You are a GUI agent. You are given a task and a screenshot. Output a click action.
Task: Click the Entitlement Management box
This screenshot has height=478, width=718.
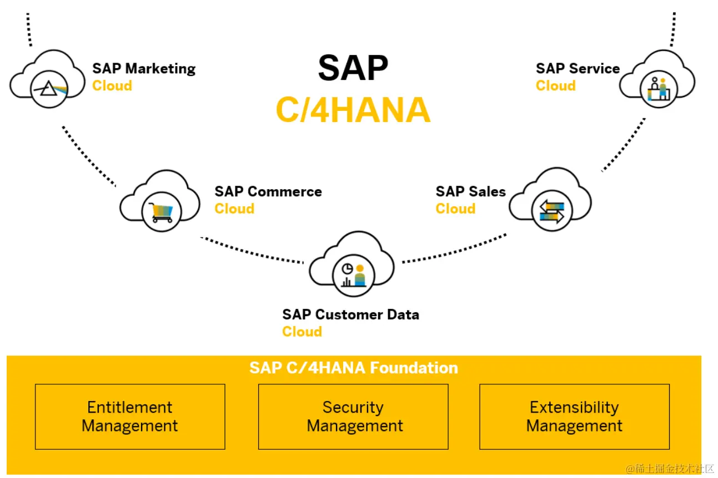(x=130, y=416)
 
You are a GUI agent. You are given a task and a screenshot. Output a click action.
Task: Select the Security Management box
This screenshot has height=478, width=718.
(x=354, y=416)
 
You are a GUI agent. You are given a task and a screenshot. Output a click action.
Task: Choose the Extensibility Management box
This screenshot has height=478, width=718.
(x=574, y=416)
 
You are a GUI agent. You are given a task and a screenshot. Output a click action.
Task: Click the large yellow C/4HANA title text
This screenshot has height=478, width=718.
(x=353, y=110)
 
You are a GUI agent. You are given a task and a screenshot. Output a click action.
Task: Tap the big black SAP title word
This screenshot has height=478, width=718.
(x=353, y=69)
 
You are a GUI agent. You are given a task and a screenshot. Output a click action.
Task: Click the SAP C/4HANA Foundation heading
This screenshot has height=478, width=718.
(x=354, y=368)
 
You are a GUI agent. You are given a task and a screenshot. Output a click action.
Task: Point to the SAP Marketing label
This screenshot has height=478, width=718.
(x=144, y=69)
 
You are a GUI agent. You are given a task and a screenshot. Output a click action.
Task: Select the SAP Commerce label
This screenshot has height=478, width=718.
(x=268, y=192)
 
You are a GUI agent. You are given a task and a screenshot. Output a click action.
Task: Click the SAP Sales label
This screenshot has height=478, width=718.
(x=470, y=192)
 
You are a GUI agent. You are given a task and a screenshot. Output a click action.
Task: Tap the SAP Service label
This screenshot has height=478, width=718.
(x=578, y=69)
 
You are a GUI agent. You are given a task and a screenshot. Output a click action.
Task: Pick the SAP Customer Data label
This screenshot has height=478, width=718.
(x=350, y=315)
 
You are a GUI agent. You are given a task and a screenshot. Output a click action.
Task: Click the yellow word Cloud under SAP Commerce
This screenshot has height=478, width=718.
(x=234, y=209)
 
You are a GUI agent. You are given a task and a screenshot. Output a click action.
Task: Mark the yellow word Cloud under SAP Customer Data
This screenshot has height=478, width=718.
(x=302, y=332)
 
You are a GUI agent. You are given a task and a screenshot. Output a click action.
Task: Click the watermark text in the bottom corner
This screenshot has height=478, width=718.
(x=670, y=469)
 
